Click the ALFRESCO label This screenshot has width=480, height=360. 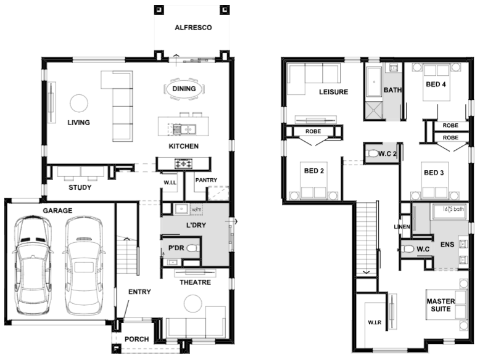click(193, 28)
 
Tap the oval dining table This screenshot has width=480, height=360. click(184, 89)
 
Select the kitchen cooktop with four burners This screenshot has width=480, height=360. click(183, 163)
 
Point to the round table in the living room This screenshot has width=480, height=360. click(79, 103)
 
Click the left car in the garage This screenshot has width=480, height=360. click(32, 265)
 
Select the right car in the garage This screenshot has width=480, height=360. click(83, 265)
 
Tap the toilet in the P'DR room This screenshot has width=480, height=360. click(192, 248)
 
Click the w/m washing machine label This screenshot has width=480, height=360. click(196, 210)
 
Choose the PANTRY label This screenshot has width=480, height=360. click(206, 180)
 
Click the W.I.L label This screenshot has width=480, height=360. click(170, 182)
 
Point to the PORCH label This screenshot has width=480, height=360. click(136, 339)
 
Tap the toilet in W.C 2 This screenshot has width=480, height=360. click(372, 153)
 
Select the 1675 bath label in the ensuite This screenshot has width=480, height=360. click(453, 210)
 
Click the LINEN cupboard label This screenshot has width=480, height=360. click(402, 227)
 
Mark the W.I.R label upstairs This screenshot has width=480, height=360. click(374, 322)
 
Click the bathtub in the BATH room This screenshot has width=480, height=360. click(374, 81)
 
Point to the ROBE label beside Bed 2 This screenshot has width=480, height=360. click(313, 131)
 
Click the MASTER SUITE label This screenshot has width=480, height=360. click(441, 305)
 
